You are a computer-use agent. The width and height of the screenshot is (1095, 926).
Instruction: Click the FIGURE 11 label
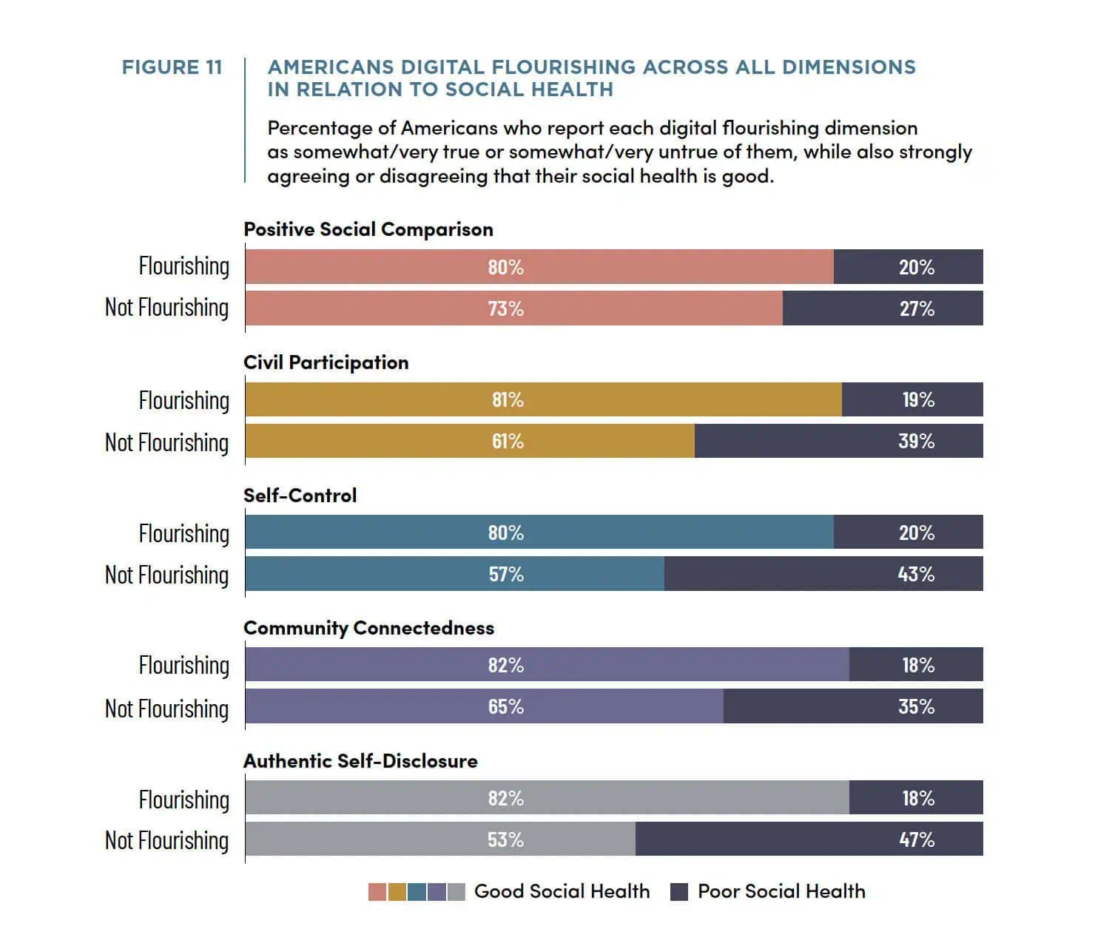[x=172, y=67]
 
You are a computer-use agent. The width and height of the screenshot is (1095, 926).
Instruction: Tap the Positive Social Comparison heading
[x=368, y=230]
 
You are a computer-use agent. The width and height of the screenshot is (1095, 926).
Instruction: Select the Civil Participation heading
[x=326, y=362]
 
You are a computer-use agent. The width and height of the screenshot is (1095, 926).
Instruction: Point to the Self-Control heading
[x=300, y=496]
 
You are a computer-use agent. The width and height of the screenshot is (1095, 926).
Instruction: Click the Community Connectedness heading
[x=368, y=628]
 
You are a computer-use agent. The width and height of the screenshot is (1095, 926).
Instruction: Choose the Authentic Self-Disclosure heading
[x=360, y=761]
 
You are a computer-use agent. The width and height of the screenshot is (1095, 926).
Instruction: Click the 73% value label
[x=506, y=308]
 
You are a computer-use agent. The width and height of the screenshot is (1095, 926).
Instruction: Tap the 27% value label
[x=917, y=308]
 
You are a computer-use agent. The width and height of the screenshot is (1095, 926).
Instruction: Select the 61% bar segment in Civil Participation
[x=470, y=441]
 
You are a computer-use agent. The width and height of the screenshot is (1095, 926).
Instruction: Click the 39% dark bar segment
[x=839, y=441]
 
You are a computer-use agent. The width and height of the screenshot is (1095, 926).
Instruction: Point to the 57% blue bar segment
[x=455, y=573]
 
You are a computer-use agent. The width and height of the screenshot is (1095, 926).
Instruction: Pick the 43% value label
[x=917, y=574]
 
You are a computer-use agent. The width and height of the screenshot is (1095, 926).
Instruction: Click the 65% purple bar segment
[x=485, y=706]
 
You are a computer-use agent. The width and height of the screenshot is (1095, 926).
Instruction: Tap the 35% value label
[x=917, y=707]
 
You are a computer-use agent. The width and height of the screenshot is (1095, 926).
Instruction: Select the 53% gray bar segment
[x=441, y=839]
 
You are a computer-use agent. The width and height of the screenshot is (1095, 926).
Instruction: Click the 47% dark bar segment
[x=809, y=839]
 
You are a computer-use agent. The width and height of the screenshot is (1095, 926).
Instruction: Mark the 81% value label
[x=508, y=399]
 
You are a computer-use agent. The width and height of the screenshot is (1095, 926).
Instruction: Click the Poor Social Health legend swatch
[x=679, y=892]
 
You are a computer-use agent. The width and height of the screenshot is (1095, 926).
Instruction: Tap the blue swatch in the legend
[x=417, y=892]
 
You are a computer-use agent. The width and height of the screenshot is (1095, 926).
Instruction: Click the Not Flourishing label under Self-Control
[x=167, y=575]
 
